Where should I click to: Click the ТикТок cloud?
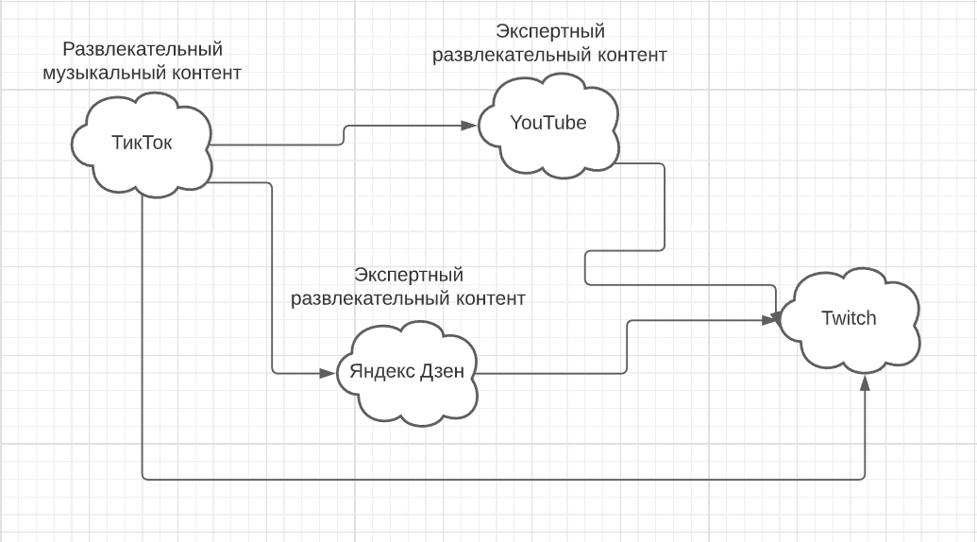pyautogui.click(x=142, y=144)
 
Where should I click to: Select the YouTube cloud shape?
pyautogui.click(x=547, y=124)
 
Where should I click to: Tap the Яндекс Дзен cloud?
pyautogui.click(x=407, y=371)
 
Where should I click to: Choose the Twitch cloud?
pyautogui.click(x=848, y=318)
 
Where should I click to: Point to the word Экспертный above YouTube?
pyautogui.click(x=550, y=33)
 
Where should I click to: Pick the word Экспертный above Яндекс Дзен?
pyautogui.click(x=409, y=276)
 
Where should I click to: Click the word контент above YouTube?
pyautogui.click(x=631, y=55)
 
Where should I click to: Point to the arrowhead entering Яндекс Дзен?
pyautogui.click(x=332, y=372)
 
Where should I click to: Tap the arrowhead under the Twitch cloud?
pyautogui.click(x=865, y=382)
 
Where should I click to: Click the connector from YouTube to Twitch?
pyautogui.click(x=666, y=208)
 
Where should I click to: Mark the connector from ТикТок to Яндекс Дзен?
pyautogui.click(x=272, y=283)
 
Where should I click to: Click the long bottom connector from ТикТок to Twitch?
pyautogui.click(x=500, y=479)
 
